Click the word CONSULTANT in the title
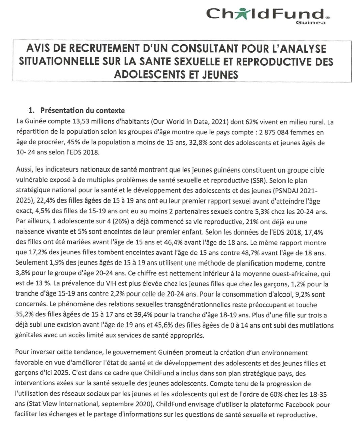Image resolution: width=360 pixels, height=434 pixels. (x=198, y=49)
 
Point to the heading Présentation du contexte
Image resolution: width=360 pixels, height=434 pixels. (x=83, y=110)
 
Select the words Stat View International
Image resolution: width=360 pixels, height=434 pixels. (x=63, y=405)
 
